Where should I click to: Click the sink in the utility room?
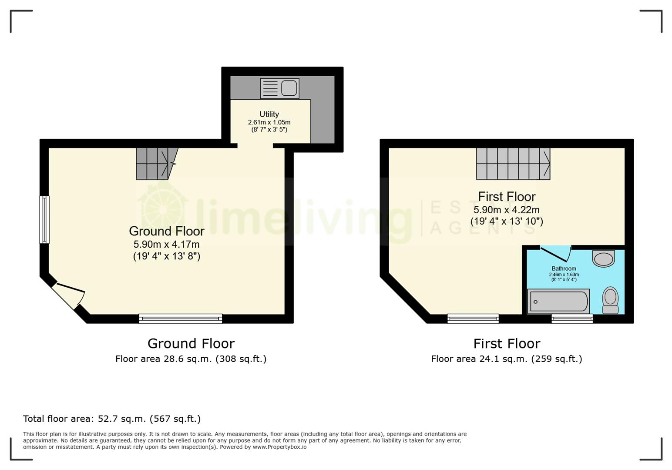click(x=280, y=88)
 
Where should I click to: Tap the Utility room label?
click(x=269, y=114)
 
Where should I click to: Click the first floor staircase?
click(x=513, y=164)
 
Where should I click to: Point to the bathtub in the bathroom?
click(x=558, y=301)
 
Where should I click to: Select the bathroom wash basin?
click(x=604, y=258)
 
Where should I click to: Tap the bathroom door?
click(x=556, y=254)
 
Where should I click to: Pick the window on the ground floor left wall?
click(x=44, y=220)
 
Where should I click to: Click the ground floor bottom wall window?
click(x=181, y=319)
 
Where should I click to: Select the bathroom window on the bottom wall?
click(x=572, y=319)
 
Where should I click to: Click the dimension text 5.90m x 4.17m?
click(x=166, y=244)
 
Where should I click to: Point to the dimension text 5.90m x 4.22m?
click(x=507, y=210)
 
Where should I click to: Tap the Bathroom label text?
click(x=564, y=269)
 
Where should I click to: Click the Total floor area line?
click(x=112, y=419)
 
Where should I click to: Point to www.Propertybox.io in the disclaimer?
click(x=279, y=447)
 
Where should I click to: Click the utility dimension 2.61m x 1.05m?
click(x=269, y=122)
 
